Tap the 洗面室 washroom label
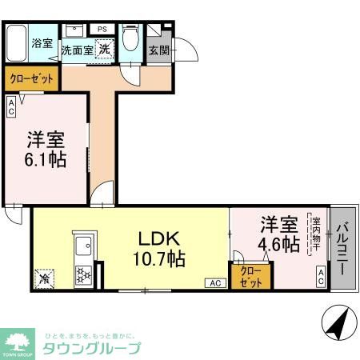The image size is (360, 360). point(78,49)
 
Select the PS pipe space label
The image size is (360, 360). point(102,30)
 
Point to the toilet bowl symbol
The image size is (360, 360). point(130,41)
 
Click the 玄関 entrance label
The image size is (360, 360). point(158,49)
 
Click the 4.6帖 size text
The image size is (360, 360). point(278,243)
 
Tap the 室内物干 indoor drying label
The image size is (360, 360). point(316,234)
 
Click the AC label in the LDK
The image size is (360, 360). point(214,282)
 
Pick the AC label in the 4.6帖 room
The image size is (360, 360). point(320,276)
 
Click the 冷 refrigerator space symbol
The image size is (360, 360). point(42,279)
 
